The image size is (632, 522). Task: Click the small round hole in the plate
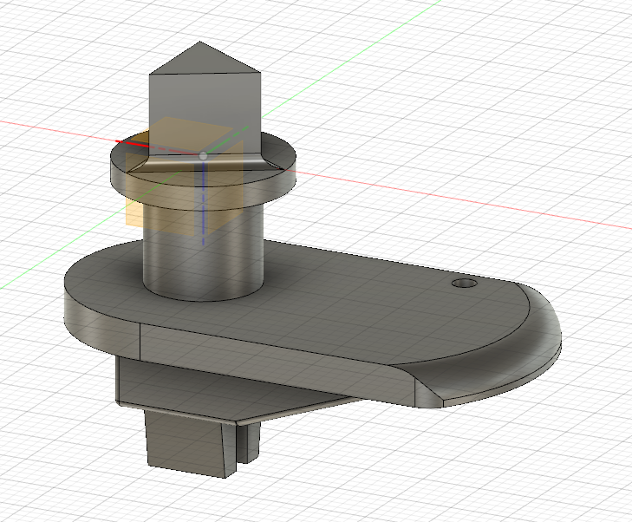(465, 284)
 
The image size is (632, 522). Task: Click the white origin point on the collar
(203, 154)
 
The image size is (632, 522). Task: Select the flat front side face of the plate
(277, 356)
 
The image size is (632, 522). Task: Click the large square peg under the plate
(186, 442)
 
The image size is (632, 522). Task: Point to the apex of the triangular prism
(202, 42)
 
